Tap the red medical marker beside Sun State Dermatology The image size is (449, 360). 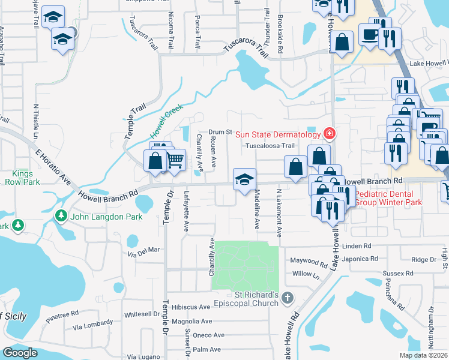click(x=328, y=132)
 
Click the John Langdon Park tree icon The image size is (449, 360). click(x=61, y=215)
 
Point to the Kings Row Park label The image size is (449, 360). click(x=22, y=177)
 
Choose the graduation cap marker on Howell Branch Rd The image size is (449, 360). click(x=244, y=179)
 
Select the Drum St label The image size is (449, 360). click(x=220, y=131)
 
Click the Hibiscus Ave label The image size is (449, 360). click(x=190, y=307)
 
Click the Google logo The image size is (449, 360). click(x=20, y=353)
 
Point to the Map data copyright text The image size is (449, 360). click(x=423, y=355)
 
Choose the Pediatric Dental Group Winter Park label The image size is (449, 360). click(x=388, y=198)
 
